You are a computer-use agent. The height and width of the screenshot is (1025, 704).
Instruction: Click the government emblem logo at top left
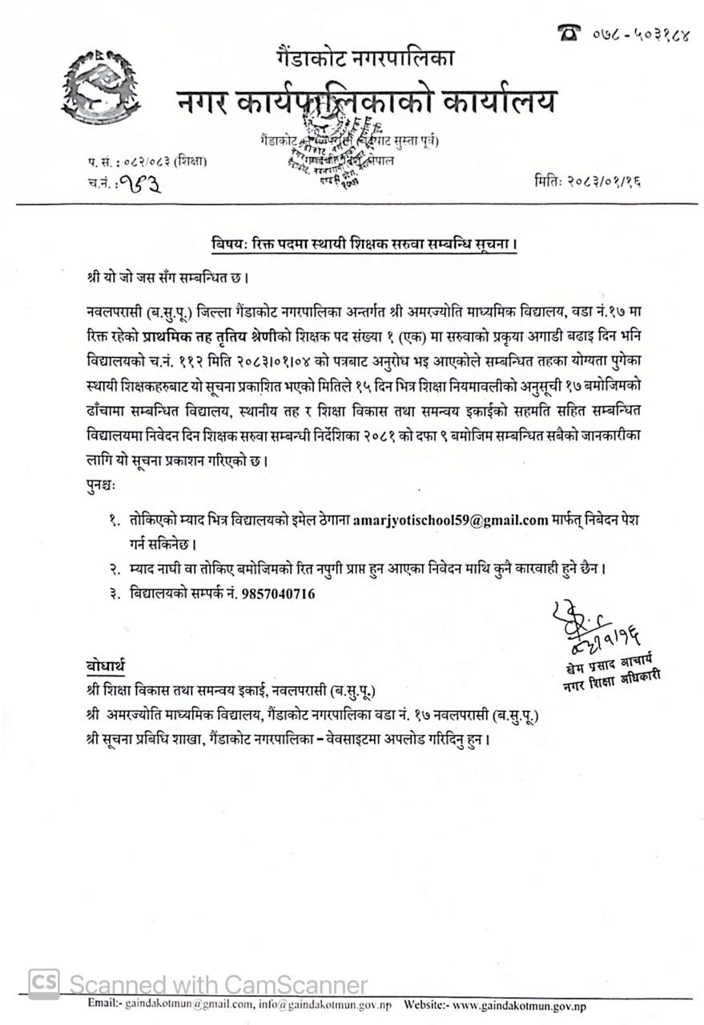(x=100, y=86)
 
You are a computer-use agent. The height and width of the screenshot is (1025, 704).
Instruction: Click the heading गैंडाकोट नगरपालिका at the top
(x=364, y=58)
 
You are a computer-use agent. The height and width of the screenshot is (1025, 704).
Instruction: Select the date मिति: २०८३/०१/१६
(x=587, y=182)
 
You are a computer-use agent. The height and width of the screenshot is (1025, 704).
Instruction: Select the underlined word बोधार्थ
(x=105, y=665)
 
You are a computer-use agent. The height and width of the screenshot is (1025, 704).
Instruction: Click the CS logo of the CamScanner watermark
(x=44, y=984)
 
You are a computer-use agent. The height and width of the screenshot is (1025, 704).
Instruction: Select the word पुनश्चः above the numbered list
(x=101, y=485)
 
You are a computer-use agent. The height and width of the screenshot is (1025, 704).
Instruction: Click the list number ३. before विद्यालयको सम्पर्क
(x=115, y=594)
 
